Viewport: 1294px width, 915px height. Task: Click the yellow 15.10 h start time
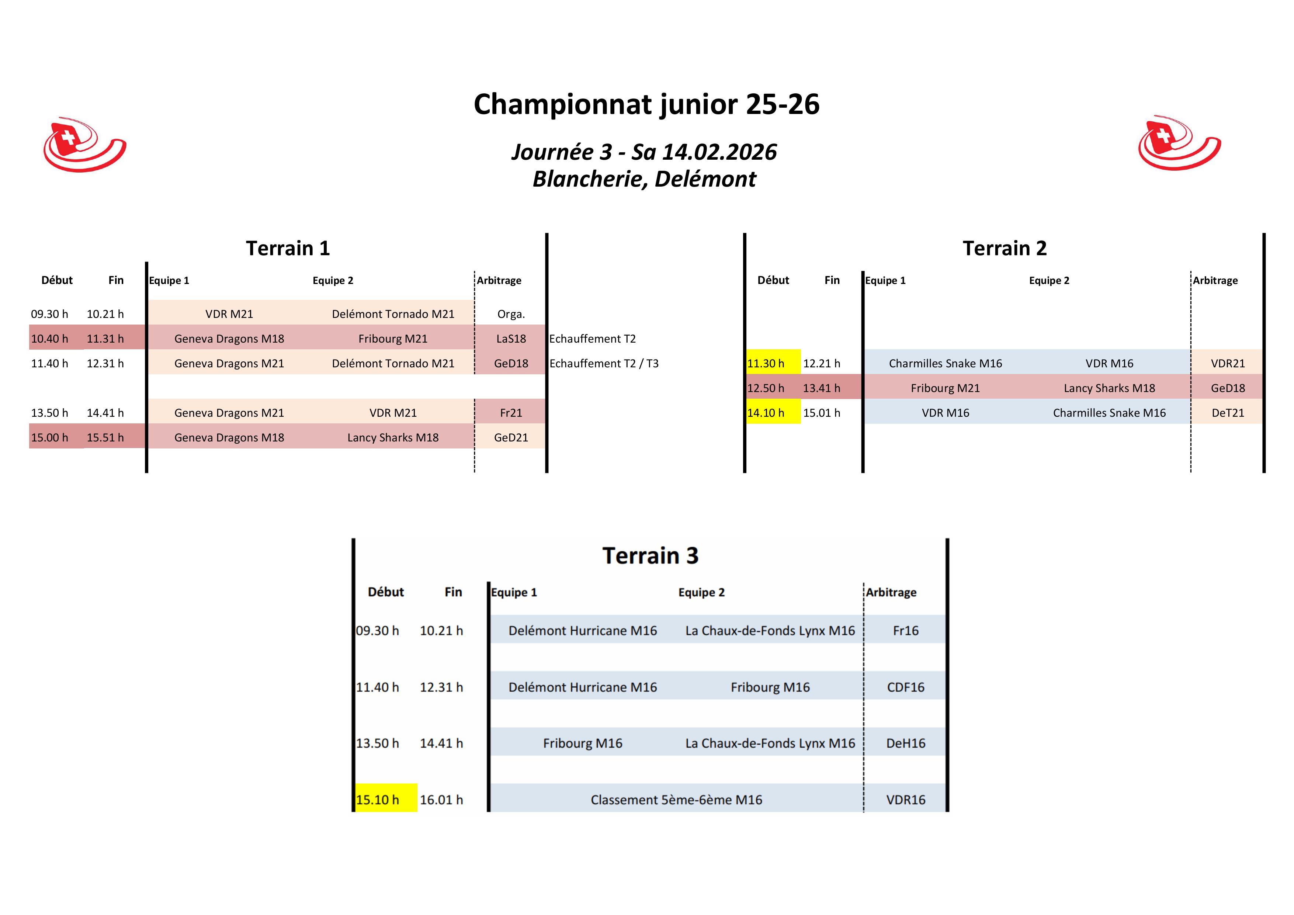click(378, 800)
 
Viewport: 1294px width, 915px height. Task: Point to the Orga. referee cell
click(511, 314)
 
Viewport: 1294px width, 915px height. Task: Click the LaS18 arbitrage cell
click(511, 339)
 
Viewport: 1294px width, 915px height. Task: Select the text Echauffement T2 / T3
click(604, 364)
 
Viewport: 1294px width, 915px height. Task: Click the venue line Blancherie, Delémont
click(644, 179)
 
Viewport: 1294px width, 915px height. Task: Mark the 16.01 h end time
click(441, 800)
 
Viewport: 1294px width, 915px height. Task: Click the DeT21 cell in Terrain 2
click(1228, 413)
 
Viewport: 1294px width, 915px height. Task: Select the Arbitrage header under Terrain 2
click(1215, 281)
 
